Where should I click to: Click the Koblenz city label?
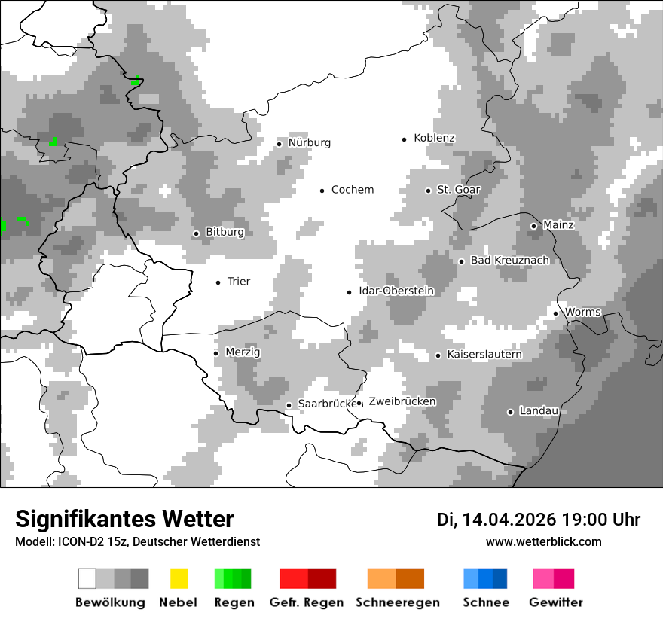[434, 139]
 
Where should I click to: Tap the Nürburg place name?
[309, 143]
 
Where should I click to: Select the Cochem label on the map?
[352, 190]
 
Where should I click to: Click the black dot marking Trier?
[218, 282]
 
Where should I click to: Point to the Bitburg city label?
[225, 233]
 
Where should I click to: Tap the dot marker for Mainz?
[533, 226]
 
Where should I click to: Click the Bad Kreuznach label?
[509, 261]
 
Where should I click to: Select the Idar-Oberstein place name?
[396, 291]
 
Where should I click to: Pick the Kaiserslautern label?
[484, 355]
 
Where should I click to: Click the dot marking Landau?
[510, 412]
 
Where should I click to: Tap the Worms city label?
[582, 312]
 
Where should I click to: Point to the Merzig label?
[243, 352]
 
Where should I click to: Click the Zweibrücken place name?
[402, 401]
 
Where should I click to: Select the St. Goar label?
[458, 191]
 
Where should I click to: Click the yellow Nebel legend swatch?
[179, 578]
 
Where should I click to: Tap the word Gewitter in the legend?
[555, 602]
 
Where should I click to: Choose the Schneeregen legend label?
[397, 602]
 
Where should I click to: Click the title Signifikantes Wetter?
[124, 519]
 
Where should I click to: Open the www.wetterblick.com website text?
[543, 541]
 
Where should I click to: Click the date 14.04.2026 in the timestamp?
[509, 520]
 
